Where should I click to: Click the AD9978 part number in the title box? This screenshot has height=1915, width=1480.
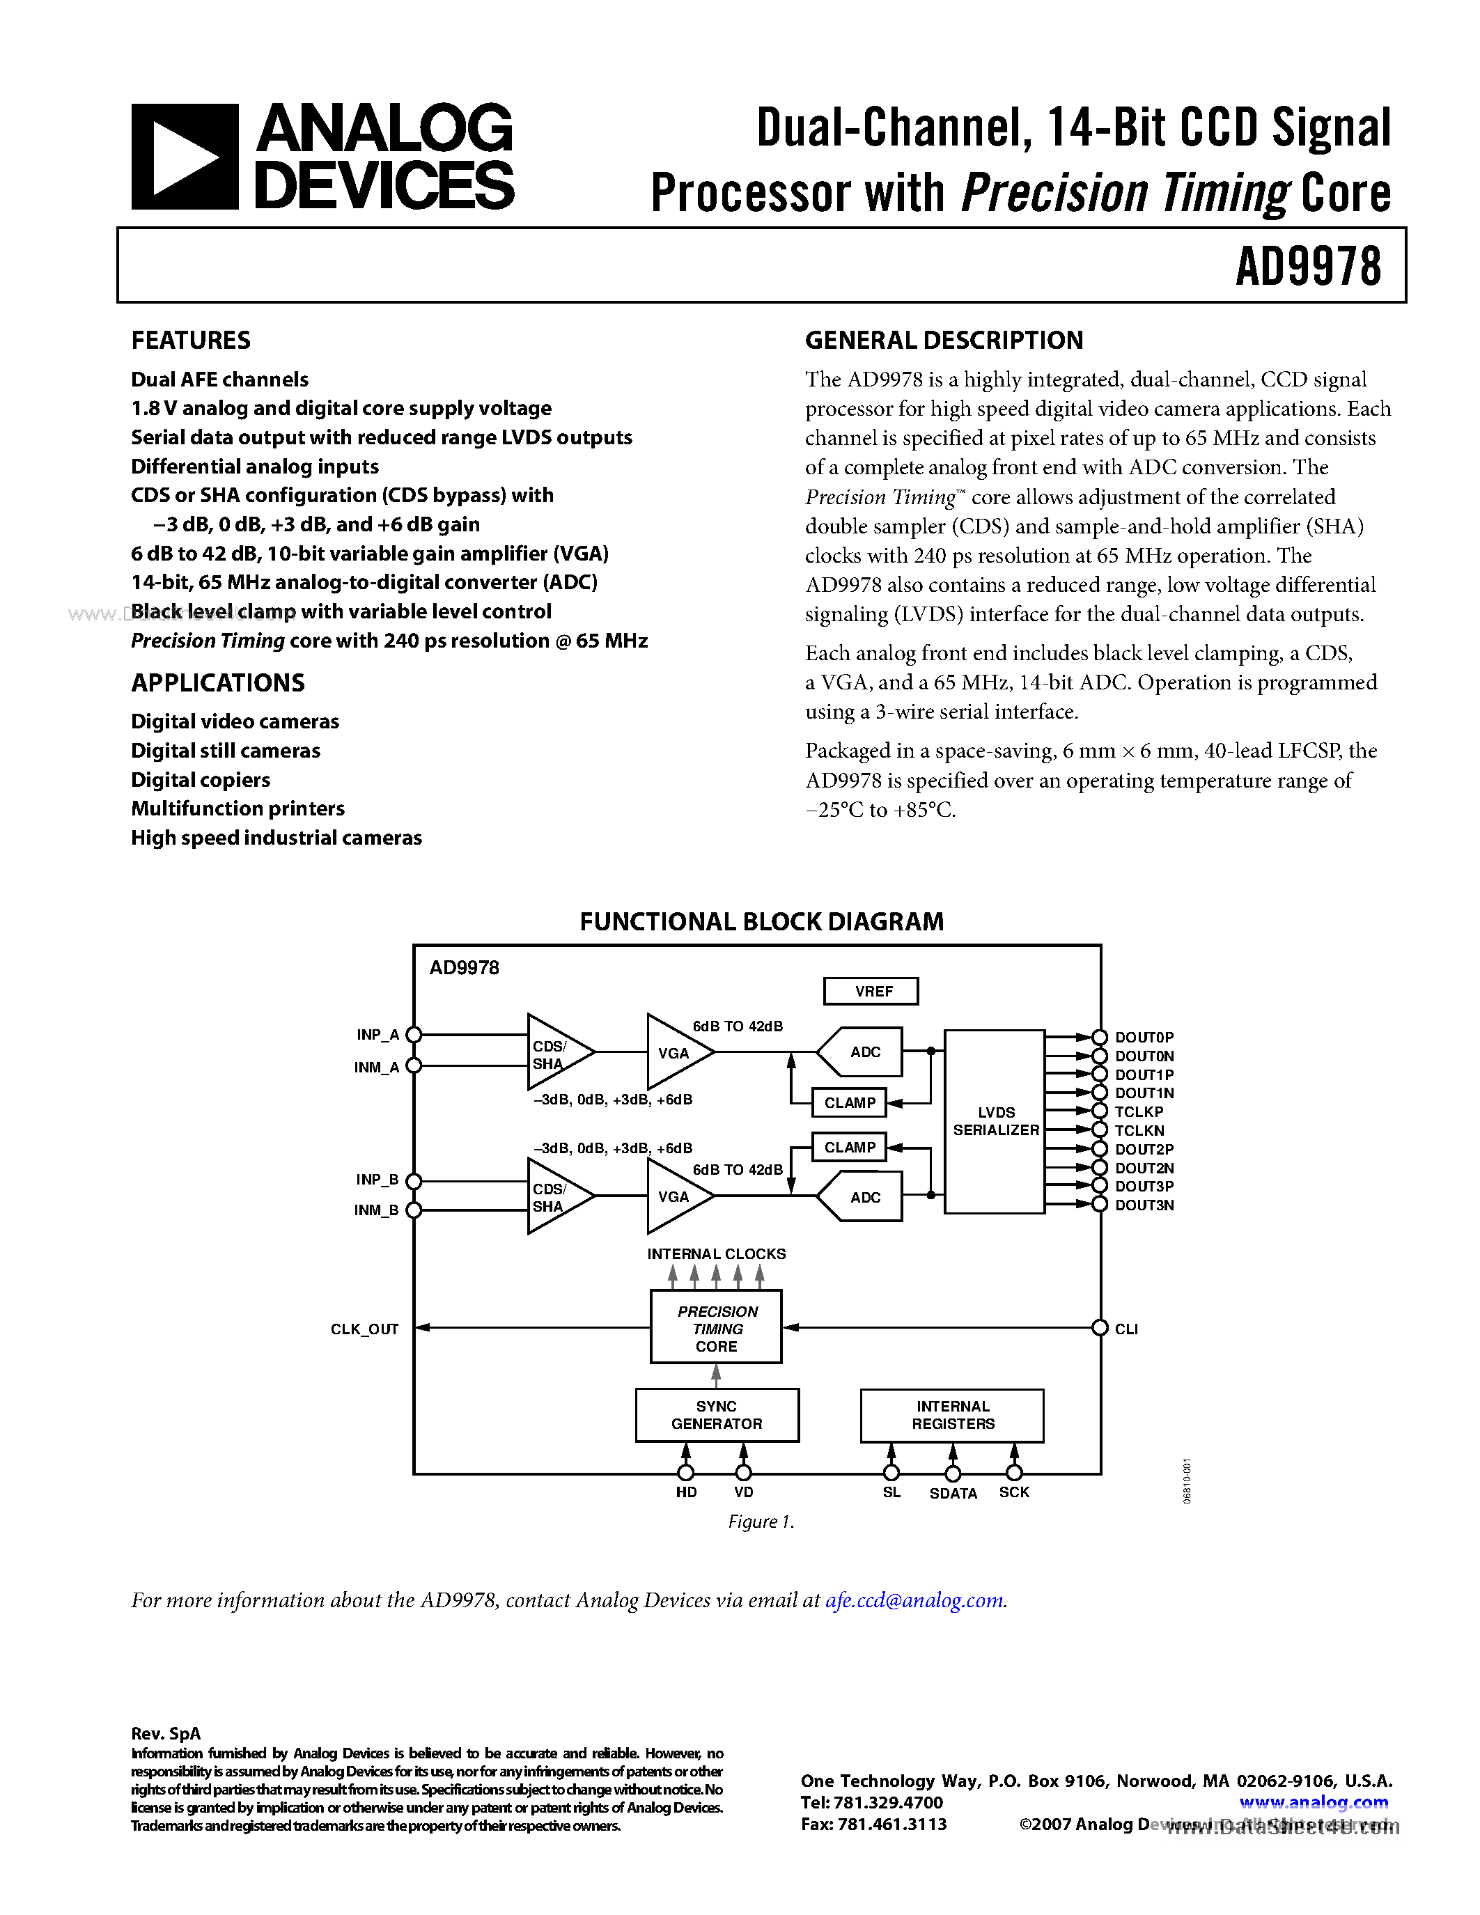tap(1307, 267)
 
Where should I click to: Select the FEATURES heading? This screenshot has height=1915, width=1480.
tap(190, 341)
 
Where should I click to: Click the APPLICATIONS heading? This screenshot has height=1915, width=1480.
tap(217, 682)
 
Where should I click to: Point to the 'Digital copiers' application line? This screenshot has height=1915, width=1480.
tap(200, 779)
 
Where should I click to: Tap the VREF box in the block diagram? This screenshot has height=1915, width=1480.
tap(871, 991)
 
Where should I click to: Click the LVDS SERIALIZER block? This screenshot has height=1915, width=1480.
tap(995, 1121)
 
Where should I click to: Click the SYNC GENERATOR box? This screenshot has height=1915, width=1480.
tap(717, 1414)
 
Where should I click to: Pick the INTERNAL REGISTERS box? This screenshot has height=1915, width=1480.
tap(951, 1414)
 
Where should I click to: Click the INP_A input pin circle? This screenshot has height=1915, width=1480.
tap(414, 1035)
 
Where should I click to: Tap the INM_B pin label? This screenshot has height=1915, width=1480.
tap(376, 1210)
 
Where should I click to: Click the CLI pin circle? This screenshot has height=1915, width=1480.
tap(1100, 1327)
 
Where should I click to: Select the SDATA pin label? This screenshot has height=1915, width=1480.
tap(952, 1493)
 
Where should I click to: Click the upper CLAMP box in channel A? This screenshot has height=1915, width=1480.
tap(849, 1102)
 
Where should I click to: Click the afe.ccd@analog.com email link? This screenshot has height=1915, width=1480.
tap(914, 1600)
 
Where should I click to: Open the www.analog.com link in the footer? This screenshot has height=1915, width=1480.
tap(1313, 1802)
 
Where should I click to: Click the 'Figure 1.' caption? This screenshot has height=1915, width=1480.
tap(760, 1522)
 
